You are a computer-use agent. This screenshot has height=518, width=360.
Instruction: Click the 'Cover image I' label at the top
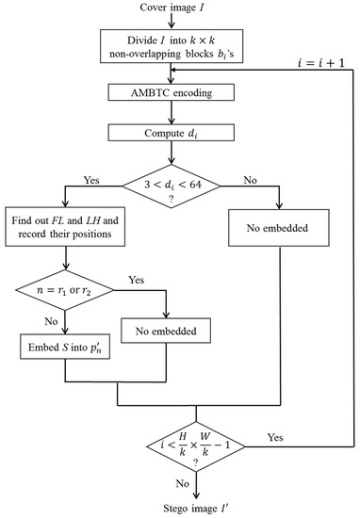[194, 10]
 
